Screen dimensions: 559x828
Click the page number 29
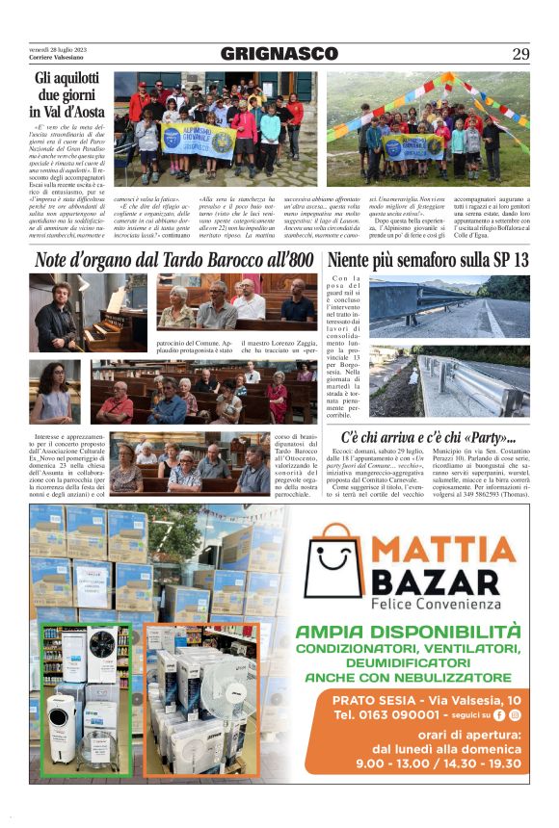[519, 54]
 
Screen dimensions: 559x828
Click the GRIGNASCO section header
[279, 54]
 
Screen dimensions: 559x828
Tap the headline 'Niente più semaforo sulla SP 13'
[429, 260]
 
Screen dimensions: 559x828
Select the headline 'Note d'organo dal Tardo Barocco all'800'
[173, 260]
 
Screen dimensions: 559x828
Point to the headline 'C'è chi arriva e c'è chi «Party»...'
[428, 437]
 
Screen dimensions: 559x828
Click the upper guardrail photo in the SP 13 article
[448, 306]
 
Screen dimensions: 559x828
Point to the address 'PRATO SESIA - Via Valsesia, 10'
[427, 700]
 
